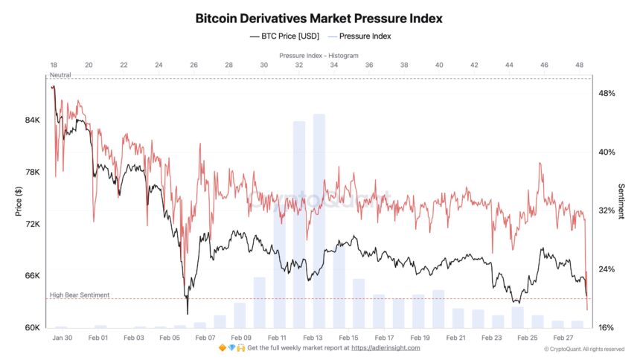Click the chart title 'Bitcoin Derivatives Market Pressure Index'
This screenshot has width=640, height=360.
point(319,17)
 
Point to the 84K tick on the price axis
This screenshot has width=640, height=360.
point(32,120)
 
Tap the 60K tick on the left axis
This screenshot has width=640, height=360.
point(32,328)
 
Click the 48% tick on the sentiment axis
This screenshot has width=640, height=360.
point(607,94)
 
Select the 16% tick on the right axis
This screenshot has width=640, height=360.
point(607,328)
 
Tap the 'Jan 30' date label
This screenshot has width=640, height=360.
point(63,338)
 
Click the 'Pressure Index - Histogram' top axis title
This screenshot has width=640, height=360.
point(319,56)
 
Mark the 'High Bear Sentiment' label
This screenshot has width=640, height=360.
point(80,295)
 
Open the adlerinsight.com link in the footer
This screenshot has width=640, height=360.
point(385,347)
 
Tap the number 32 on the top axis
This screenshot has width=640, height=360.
point(298,65)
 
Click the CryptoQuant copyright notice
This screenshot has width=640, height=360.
point(583,349)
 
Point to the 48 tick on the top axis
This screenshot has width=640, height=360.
point(579,65)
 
